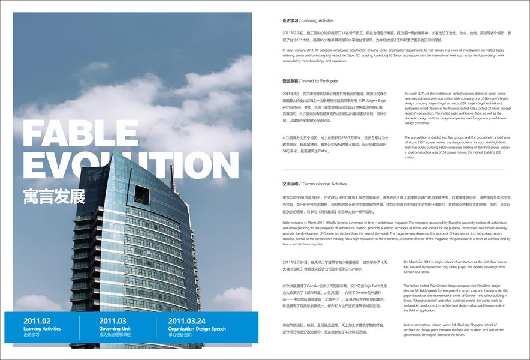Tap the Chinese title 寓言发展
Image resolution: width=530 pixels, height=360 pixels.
pyautogui.click(x=54, y=197)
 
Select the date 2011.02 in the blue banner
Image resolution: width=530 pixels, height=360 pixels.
pyautogui.click(x=37, y=321)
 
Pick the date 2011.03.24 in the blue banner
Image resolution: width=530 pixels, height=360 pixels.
pyautogui.click(x=186, y=321)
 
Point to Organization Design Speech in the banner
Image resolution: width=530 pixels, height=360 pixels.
pyautogui.click(x=197, y=329)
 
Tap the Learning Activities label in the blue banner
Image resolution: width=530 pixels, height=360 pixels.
pyautogui.click(x=42, y=329)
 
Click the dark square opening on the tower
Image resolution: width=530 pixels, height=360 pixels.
pyautogui.click(x=142, y=194)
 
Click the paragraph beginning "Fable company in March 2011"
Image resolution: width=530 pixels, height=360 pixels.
pyautogui.click(x=396, y=233)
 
